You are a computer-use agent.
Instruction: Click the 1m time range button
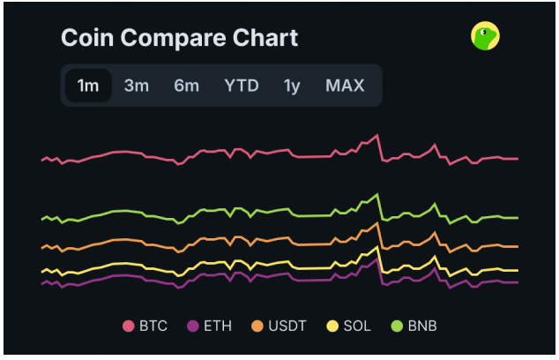pos(88,86)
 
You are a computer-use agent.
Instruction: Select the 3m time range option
pos(136,86)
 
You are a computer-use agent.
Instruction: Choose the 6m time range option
pos(186,86)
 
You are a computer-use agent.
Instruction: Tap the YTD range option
pos(241,86)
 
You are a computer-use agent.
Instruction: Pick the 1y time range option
pos(292,86)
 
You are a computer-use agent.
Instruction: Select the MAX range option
pos(345,86)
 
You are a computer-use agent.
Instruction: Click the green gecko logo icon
pos(485,35)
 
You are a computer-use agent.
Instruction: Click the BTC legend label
pos(153,326)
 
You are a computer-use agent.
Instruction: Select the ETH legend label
pos(218,326)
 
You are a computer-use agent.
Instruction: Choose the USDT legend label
pos(287,326)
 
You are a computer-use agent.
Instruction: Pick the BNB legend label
pos(421,326)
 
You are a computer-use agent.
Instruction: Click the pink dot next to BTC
pos(128,326)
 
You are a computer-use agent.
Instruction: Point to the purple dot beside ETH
pos(193,326)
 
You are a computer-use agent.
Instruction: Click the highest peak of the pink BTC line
pos(376,135)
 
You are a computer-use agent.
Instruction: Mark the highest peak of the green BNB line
pos(377,194)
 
